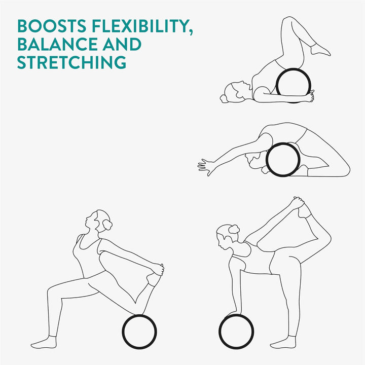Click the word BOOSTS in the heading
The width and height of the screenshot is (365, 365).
pyautogui.click(x=52, y=26)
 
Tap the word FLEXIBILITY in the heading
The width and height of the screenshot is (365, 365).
pyautogui.click(x=140, y=26)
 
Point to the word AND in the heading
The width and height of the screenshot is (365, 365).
pyautogui.click(x=122, y=44)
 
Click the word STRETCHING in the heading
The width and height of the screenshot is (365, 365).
pyautogui.click(x=71, y=62)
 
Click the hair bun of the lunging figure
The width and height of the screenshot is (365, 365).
pyautogui.click(x=107, y=225)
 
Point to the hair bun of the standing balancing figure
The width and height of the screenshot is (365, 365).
pyautogui.click(x=234, y=229)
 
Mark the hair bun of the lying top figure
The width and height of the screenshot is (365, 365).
pyautogui.click(x=224, y=99)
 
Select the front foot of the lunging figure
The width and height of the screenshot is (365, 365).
pyautogui.click(x=44, y=343)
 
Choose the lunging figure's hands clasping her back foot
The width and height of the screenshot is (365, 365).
pyautogui.click(x=158, y=270)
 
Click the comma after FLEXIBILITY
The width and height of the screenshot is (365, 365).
pyautogui.click(x=191, y=31)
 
